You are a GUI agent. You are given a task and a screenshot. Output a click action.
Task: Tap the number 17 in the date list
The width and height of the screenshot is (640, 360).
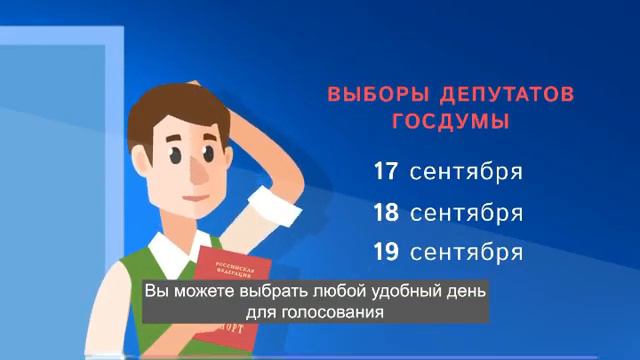[x=387, y=171]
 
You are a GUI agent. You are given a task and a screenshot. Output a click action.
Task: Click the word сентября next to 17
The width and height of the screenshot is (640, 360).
[x=466, y=171]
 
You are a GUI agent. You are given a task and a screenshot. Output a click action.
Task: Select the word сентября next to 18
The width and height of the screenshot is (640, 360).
[x=466, y=214]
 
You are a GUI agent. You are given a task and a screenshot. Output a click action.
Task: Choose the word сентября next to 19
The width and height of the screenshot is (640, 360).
[x=466, y=250]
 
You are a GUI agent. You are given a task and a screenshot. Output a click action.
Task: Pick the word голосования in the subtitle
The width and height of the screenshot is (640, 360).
[x=338, y=311]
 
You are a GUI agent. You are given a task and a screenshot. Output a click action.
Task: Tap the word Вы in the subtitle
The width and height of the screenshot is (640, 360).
[x=156, y=291]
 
